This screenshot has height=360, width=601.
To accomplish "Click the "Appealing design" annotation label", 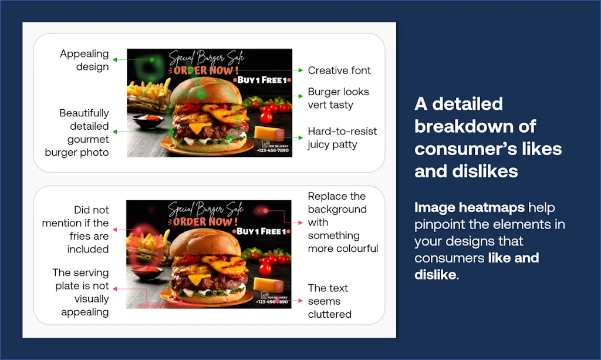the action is click(x=85, y=60).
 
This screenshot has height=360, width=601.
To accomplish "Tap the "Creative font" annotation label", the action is click(x=339, y=70).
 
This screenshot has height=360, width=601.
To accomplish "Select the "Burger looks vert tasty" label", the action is click(x=339, y=98).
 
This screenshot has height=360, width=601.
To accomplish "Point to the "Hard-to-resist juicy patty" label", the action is click(x=342, y=137).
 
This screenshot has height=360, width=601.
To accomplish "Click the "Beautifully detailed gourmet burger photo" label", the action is click(x=77, y=133).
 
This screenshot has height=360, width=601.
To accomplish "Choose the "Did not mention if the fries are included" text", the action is click(x=76, y=229).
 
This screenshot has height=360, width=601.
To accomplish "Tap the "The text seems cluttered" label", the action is click(x=330, y=301).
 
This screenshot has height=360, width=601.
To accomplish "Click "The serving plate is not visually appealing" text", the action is click(x=81, y=292).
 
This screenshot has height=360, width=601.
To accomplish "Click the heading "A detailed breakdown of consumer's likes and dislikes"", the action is click(x=488, y=137).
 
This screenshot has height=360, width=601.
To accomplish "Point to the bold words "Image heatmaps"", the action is click(x=470, y=207).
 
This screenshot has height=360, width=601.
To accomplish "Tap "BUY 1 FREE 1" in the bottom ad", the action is click(x=262, y=231).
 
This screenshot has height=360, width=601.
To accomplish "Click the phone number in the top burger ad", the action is click(x=272, y=150).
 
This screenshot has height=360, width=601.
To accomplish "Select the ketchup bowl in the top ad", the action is click(x=148, y=120).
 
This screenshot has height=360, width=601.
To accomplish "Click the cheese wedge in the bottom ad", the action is click(x=269, y=284).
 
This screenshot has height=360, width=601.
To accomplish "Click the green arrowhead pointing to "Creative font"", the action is click(x=301, y=70).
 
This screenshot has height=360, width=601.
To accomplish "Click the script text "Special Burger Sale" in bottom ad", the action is click(x=206, y=209).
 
